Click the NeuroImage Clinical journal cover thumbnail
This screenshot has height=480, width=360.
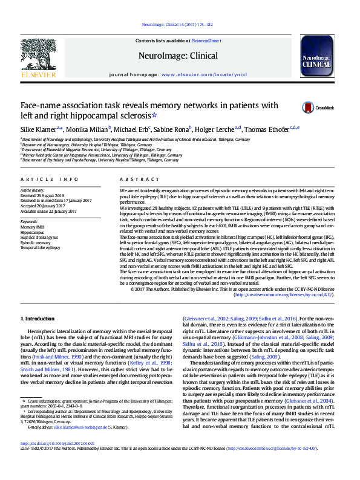[x=316, y=59]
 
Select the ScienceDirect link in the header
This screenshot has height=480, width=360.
[x=206, y=41]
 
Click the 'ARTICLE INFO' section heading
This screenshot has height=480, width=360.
[x=50, y=180]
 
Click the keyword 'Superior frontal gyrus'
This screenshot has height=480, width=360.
[x=39, y=237]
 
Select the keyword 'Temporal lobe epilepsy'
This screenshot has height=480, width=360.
[x=40, y=248]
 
